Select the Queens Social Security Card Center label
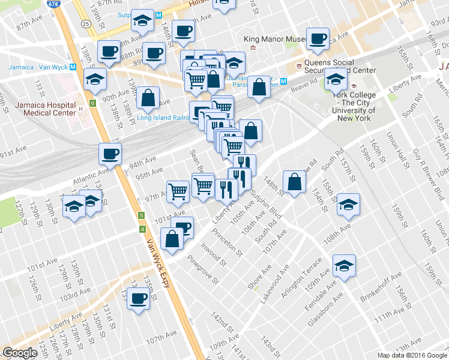(x=340, y=66)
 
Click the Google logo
(x=19, y=353)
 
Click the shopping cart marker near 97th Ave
(x=178, y=191)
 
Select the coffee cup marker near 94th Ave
(x=110, y=154)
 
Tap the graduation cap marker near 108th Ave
(x=348, y=204)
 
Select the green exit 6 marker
(x=92, y=103)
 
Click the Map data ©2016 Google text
(x=411, y=355)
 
